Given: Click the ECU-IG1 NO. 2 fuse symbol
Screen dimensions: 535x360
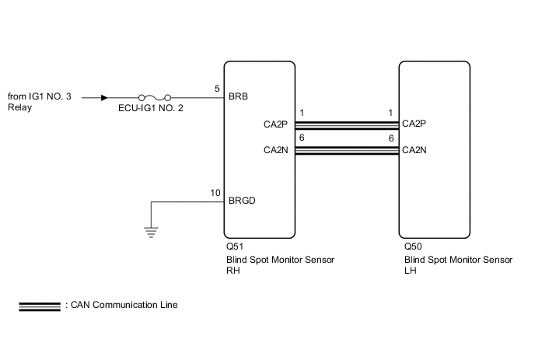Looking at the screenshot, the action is pyautogui.click(x=155, y=98).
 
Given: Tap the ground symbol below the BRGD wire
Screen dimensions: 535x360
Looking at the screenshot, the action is pyautogui.click(x=151, y=232).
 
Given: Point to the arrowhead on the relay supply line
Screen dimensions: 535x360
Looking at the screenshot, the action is pyautogui.click(x=104, y=98).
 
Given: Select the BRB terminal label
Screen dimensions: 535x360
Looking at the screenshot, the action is pyautogui.click(x=238, y=96).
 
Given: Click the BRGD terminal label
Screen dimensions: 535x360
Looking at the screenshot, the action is pyautogui.click(x=242, y=201).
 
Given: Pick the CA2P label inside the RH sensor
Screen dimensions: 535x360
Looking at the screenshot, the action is pyautogui.click(x=275, y=124).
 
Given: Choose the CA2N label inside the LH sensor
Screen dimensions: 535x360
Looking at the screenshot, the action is pyautogui.click(x=414, y=150).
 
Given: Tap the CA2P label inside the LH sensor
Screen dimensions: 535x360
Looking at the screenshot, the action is pyautogui.click(x=414, y=123).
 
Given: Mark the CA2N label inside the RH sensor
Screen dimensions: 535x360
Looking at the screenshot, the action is pyautogui.click(x=276, y=150).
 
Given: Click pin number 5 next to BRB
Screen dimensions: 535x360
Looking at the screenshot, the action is pyautogui.click(x=217, y=89).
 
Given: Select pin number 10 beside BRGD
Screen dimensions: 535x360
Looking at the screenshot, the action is pyautogui.click(x=215, y=193).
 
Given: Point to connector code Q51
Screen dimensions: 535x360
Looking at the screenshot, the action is pyautogui.click(x=235, y=246).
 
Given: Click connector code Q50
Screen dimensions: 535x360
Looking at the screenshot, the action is pyautogui.click(x=413, y=246).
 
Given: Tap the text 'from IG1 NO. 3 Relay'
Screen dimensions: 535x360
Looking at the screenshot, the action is pyautogui.click(x=40, y=102).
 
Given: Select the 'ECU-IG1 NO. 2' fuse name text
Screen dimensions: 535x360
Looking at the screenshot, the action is pyautogui.click(x=151, y=108).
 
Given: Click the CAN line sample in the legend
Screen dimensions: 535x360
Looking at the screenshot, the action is pyautogui.click(x=40, y=306).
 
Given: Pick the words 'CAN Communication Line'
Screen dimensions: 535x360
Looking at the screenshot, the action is pyautogui.click(x=124, y=305).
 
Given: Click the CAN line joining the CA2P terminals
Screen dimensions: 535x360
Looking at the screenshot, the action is pyautogui.click(x=347, y=125).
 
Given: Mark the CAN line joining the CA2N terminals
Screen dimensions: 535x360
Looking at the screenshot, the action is pyautogui.click(x=347, y=151).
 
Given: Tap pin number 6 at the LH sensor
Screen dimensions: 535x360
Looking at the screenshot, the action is pyautogui.click(x=391, y=138).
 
